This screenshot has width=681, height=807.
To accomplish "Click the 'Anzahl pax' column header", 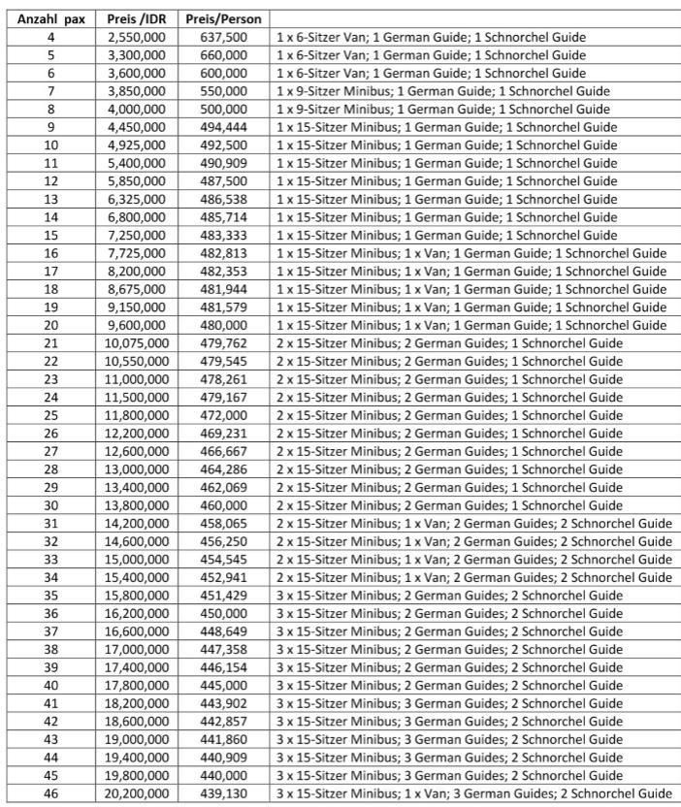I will [x=49, y=18].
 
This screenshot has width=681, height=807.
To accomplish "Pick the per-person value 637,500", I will [x=222, y=37].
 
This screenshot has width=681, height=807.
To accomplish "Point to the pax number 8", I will [x=49, y=109].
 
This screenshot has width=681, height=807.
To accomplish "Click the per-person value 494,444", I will [x=222, y=127].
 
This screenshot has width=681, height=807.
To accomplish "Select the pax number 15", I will [x=49, y=235].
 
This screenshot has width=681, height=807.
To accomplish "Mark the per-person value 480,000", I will [x=222, y=325].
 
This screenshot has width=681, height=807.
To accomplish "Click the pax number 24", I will [x=49, y=397].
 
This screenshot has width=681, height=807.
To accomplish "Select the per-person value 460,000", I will [x=222, y=504].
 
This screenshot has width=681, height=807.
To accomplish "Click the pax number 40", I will [x=49, y=685].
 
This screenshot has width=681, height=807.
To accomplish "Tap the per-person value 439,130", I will [x=222, y=792].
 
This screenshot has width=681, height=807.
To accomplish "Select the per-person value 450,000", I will [x=222, y=613].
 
